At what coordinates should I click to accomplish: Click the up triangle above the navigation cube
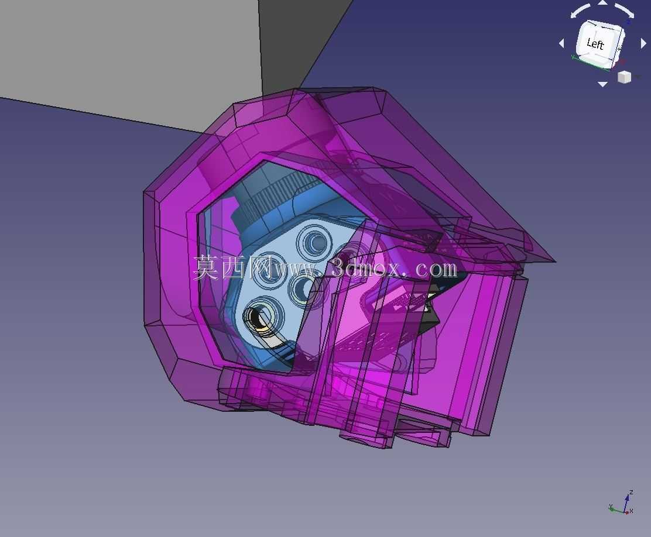[602, 3]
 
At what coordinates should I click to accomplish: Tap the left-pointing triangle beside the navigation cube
[562, 43]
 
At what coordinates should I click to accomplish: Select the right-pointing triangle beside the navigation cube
[643, 43]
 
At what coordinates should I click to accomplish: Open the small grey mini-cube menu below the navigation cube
[624, 77]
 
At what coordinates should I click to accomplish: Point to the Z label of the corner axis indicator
[631, 493]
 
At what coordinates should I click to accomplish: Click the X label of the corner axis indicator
[632, 511]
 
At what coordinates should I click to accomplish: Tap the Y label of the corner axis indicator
[611, 507]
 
